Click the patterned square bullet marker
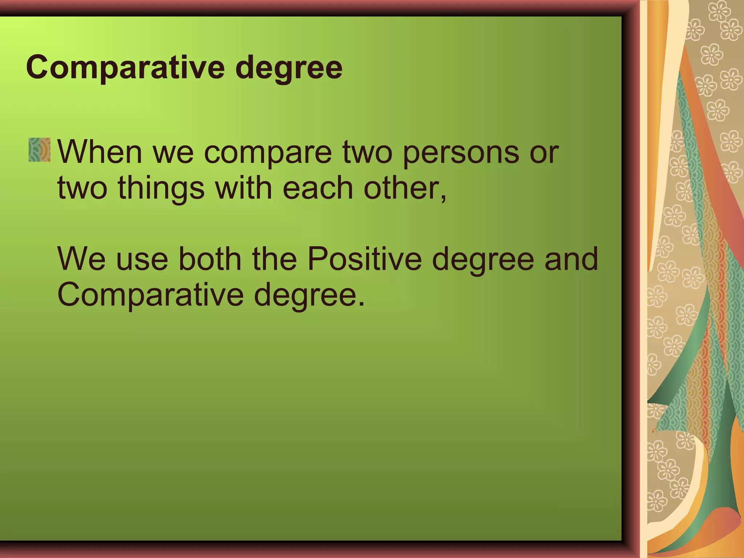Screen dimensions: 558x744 tap(40, 150)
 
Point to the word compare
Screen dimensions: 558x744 tap(268, 153)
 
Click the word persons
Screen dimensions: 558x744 tap(461, 153)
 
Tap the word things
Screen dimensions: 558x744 tap(161, 189)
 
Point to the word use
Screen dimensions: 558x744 tap(142, 260)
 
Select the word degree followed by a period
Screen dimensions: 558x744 tap(307, 296)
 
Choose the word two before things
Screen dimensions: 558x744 tap(82, 189)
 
